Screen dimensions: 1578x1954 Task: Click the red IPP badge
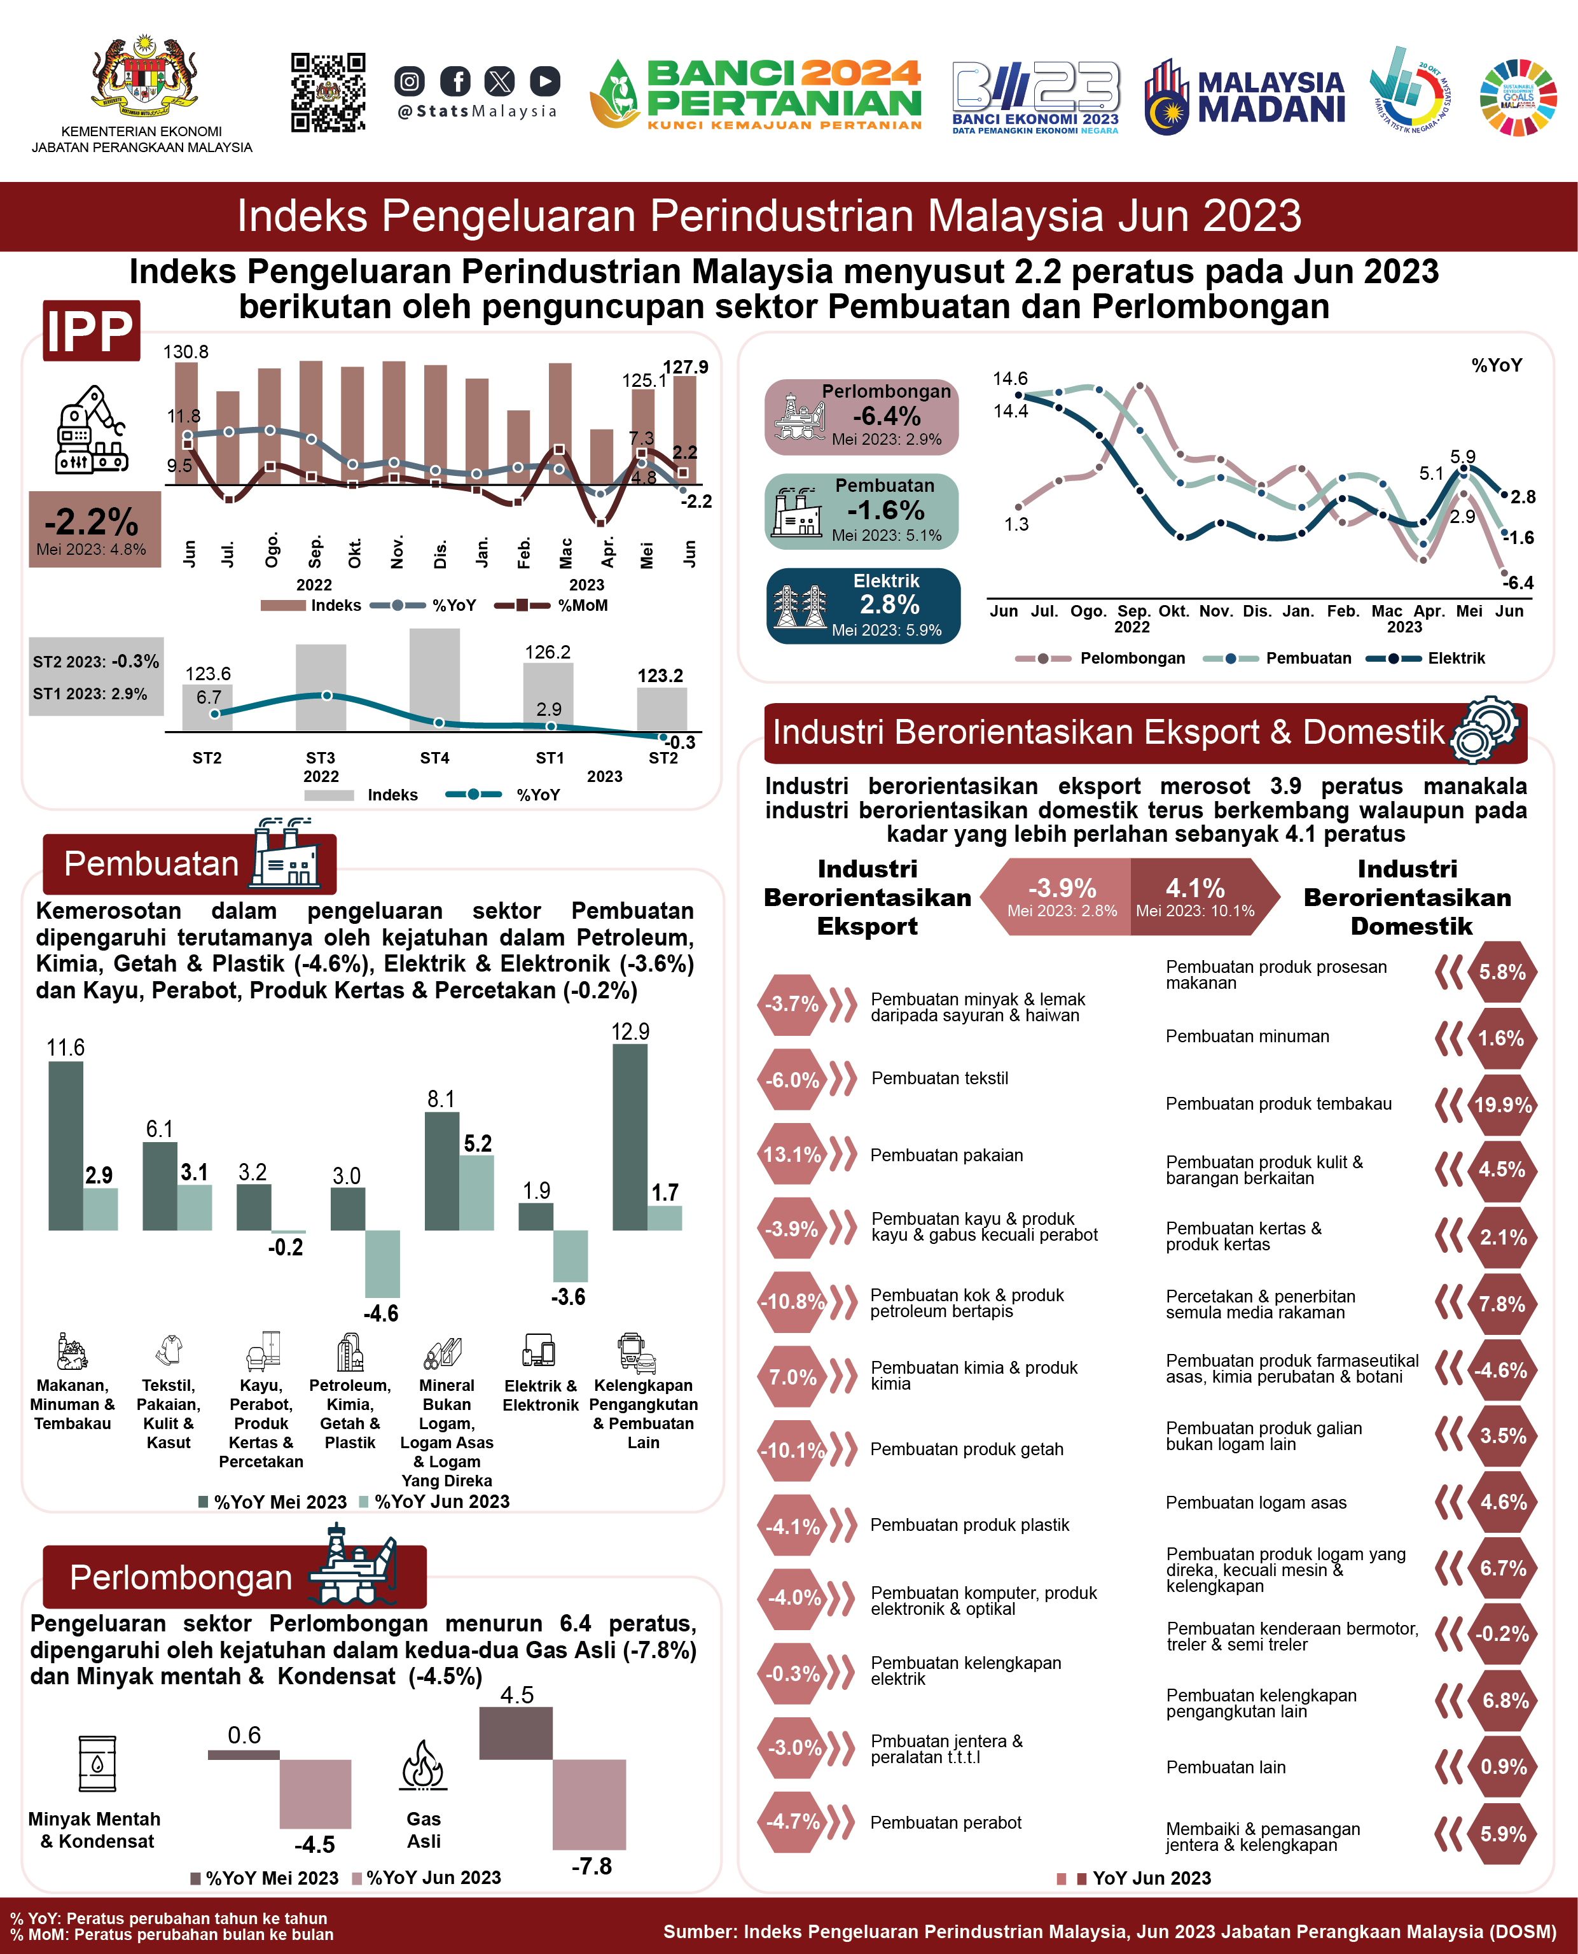coord(91,330)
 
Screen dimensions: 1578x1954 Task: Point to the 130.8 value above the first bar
coord(186,352)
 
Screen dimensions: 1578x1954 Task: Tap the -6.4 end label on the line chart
coord(1518,583)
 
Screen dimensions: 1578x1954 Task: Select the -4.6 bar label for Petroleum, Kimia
coord(381,1314)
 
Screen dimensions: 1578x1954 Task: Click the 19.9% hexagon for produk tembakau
coord(1502,1105)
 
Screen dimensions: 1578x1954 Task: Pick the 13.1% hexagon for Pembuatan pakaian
coord(792,1155)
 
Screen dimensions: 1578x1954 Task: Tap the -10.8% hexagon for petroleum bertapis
coord(792,1301)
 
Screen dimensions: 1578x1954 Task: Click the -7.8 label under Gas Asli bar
coord(592,1866)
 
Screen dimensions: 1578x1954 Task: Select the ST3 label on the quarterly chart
coord(320,757)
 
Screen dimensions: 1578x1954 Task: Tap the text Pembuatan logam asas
coord(1256,1503)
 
